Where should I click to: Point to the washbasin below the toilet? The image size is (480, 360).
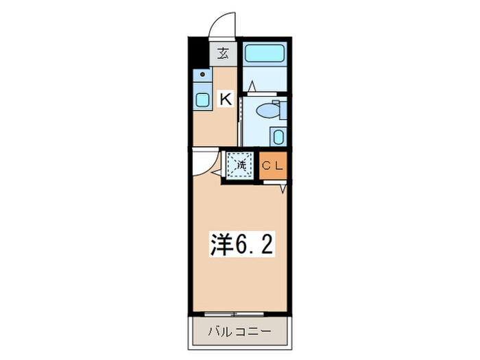[x=278, y=135]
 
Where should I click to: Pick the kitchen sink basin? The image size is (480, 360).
[x=202, y=100]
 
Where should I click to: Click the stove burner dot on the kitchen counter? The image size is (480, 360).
[x=202, y=74]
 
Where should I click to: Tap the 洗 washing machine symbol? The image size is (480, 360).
[x=241, y=165]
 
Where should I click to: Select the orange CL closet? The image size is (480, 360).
[x=274, y=165]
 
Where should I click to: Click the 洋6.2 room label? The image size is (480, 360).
[x=241, y=245]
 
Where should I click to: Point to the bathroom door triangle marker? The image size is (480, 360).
[x=252, y=86]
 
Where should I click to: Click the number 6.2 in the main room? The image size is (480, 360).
[x=256, y=245]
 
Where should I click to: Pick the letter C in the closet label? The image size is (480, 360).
[x=268, y=165]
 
